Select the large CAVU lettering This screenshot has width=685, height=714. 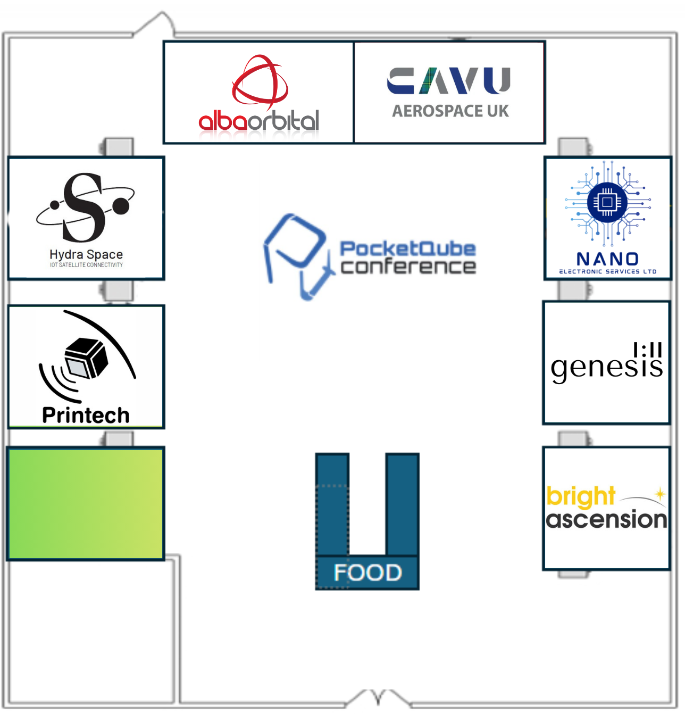click(x=448, y=80)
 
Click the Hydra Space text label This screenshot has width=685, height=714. click(x=86, y=254)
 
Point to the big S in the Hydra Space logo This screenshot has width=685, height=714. click(x=83, y=207)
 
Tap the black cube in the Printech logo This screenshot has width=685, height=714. click(x=86, y=358)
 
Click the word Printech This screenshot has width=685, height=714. click(x=86, y=415)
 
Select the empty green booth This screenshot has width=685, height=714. click(x=86, y=503)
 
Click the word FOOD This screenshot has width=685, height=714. click(x=367, y=572)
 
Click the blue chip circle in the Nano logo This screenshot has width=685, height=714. click(x=607, y=202)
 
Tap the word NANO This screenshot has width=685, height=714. click(x=607, y=259)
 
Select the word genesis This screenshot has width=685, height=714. click(x=607, y=367)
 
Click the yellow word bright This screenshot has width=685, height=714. click(x=580, y=496)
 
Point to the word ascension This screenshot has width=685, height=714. click(x=606, y=519)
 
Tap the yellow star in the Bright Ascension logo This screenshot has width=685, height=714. click(x=660, y=494)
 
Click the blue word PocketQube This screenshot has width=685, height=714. click(x=408, y=249)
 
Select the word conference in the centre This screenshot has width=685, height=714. click(x=408, y=267)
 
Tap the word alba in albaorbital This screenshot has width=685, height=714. click(x=223, y=121)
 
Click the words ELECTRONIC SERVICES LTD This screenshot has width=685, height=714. click(x=608, y=271)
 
